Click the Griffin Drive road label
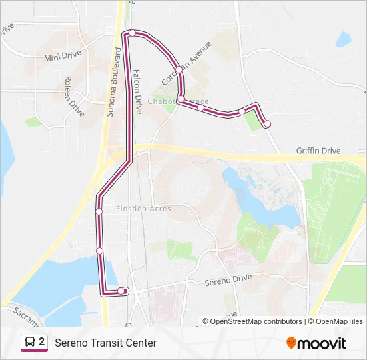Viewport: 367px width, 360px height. click(318, 151)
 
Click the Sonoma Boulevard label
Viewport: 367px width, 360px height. click(113, 82)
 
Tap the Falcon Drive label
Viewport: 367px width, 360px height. click(138, 92)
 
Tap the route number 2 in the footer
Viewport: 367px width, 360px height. click(42, 342)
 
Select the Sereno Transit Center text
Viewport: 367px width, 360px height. click(105, 343)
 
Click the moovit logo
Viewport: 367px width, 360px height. click(316, 343)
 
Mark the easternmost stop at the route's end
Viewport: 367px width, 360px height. click(267, 123)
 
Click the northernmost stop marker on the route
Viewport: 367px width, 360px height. click(133, 33)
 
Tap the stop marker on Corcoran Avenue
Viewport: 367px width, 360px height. click(179, 70)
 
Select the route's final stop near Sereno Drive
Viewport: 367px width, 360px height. click(121, 291)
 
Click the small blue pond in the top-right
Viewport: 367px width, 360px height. click(344, 39)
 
